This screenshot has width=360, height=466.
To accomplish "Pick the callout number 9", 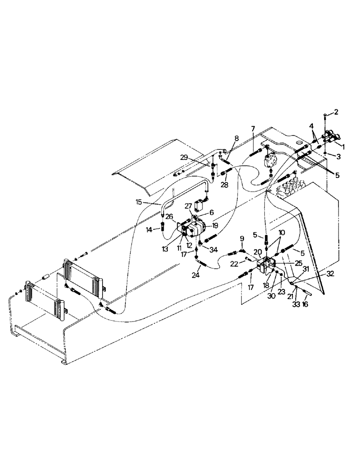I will (241, 238).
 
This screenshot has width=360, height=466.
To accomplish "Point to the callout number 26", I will (169, 216).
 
